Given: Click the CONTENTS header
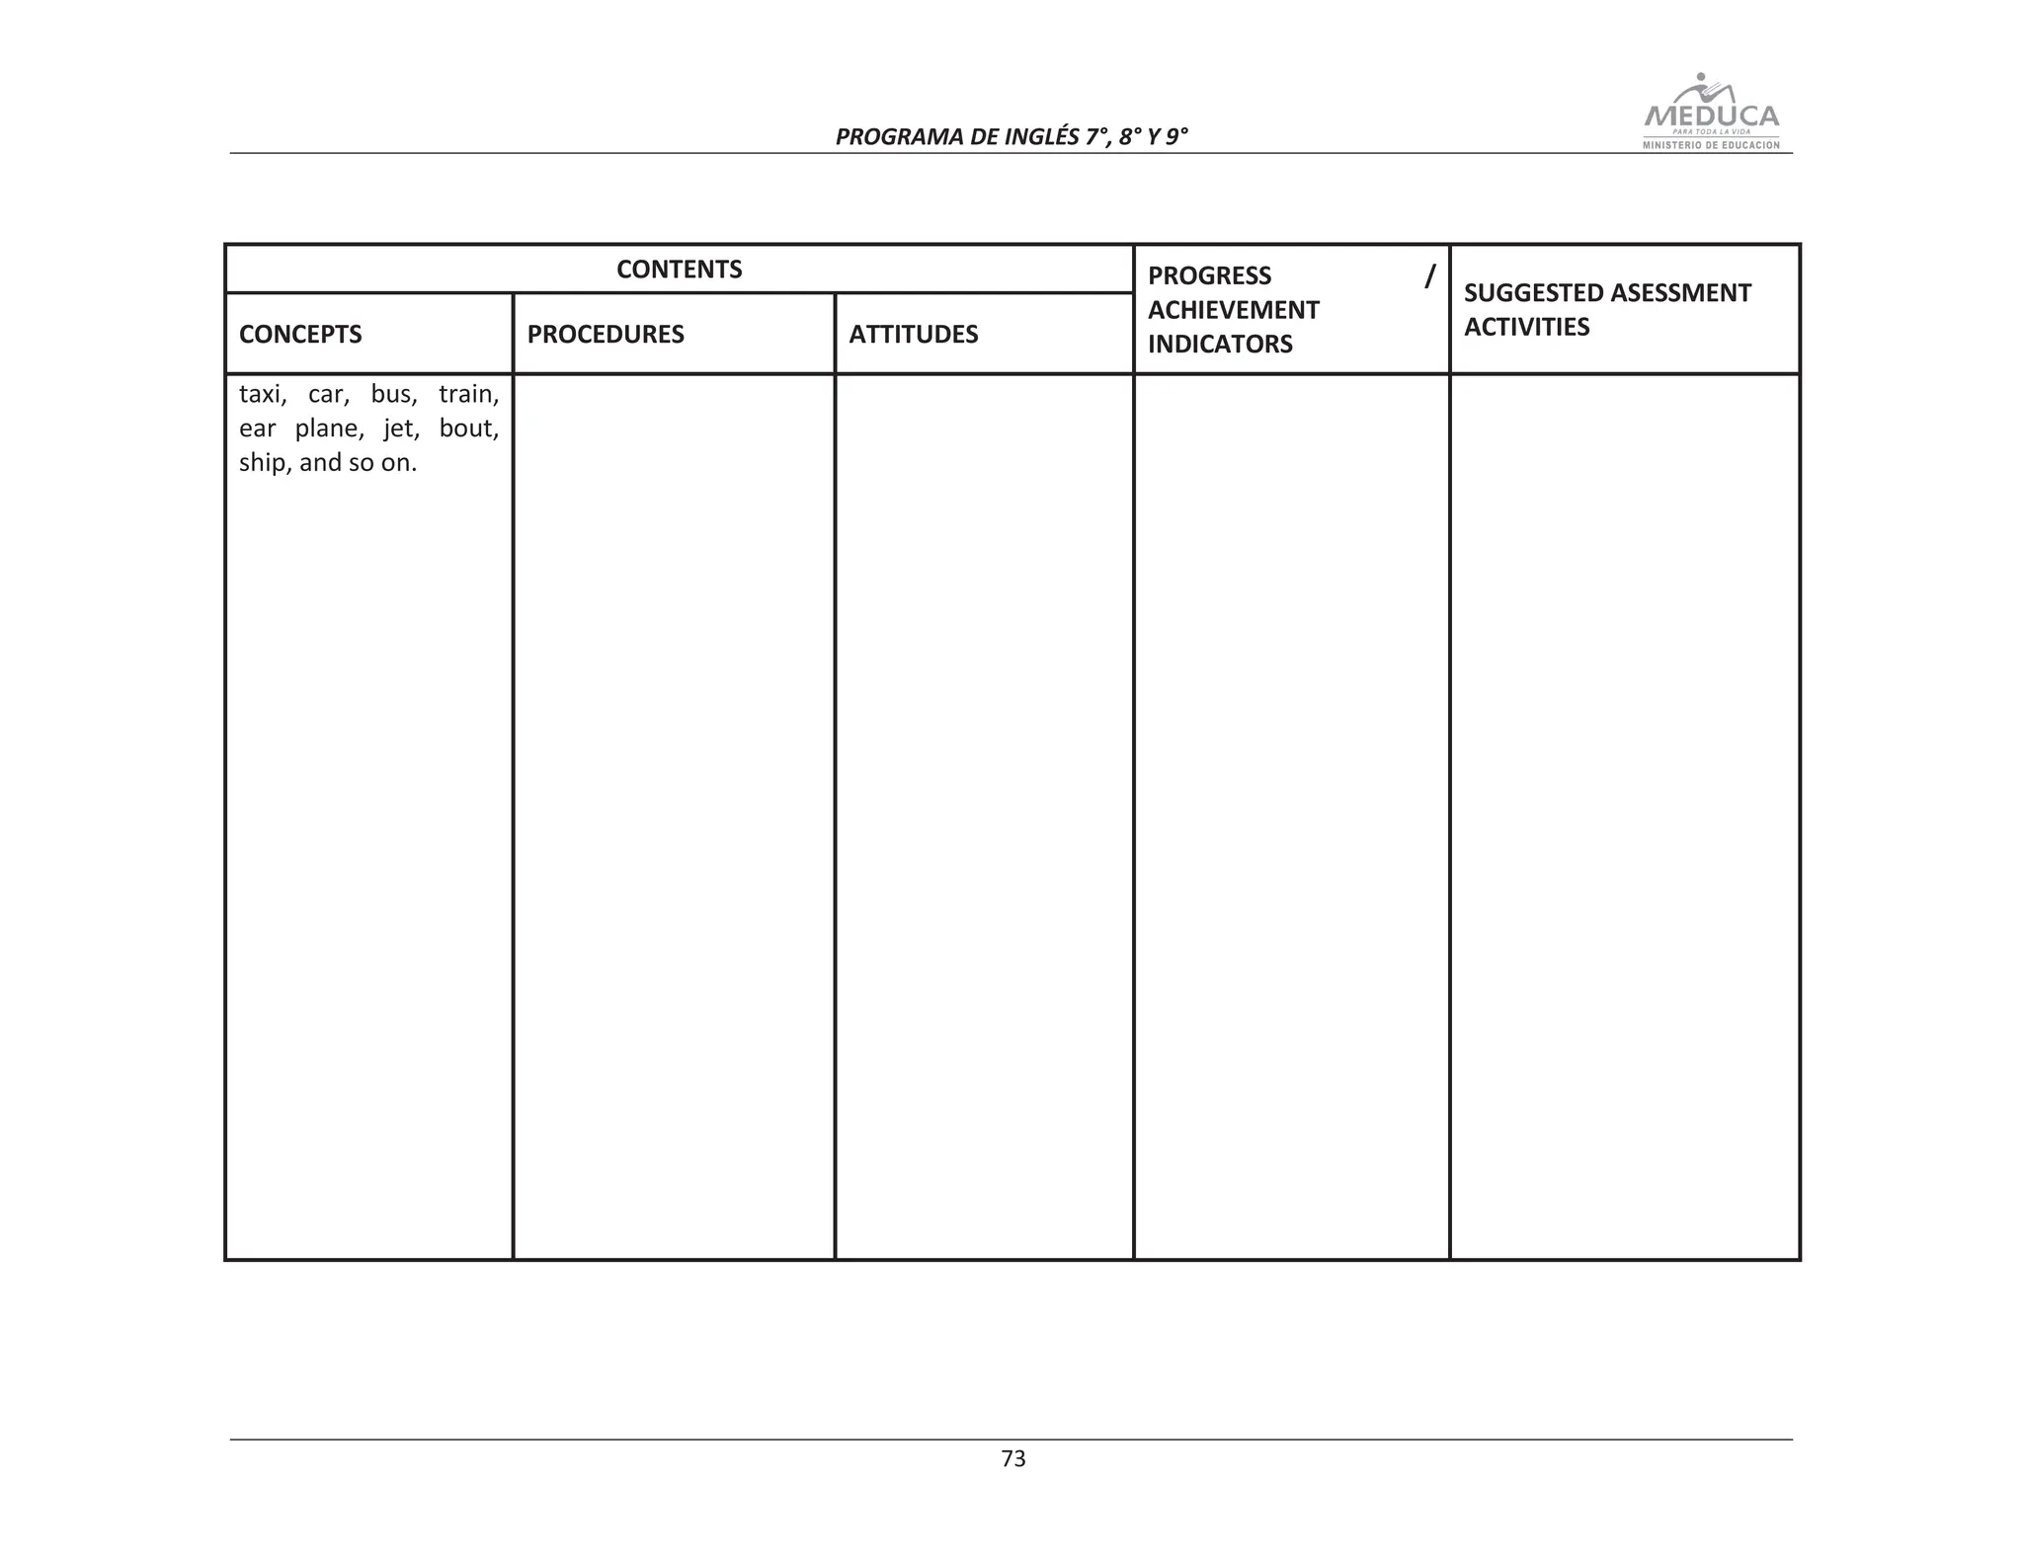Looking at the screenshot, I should pyautogui.click(x=679, y=270).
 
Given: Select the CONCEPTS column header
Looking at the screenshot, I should pyautogui.click(x=300, y=335).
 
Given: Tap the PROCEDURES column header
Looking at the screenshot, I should pyautogui.click(x=605, y=335).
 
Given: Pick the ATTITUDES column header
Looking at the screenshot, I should pyautogui.click(x=913, y=335).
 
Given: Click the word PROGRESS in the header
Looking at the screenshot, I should pyautogui.click(x=1209, y=275).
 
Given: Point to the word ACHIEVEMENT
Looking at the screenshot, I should pyautogui.click(x=1233, y=310).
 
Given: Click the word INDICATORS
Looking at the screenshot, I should pyautogui.click(x=1220, y=345).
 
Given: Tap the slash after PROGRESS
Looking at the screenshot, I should pyautogui.click(x=1428, y=275).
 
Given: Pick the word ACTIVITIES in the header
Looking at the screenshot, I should pyautogui.click(x=1526, y=327).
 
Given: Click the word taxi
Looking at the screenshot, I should pyautogui.click(x=262, y=395).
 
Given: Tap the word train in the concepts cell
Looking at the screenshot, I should pyautogui.click(x=468, y=395).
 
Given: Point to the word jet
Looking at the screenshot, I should pyautogui.click(x=401, y=430).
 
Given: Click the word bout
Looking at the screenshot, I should pyautogui.click(x=468, y=430).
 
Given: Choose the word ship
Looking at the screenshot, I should pyautogui.click(x=263, y=464).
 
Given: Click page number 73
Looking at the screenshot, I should pyautogui.click(x=1013, y=1459).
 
